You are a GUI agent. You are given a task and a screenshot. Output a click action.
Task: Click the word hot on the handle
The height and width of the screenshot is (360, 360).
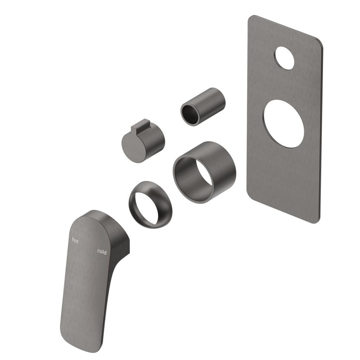pos(75,240)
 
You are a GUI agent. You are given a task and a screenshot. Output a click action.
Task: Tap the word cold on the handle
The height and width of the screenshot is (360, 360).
pos(102,252)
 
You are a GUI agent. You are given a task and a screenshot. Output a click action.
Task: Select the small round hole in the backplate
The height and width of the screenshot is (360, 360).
pos(284,58)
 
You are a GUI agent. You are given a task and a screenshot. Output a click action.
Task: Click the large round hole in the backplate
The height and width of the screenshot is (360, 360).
pos(284,124)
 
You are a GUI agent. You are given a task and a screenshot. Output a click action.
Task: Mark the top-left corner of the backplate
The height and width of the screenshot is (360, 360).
pos(251,18)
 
